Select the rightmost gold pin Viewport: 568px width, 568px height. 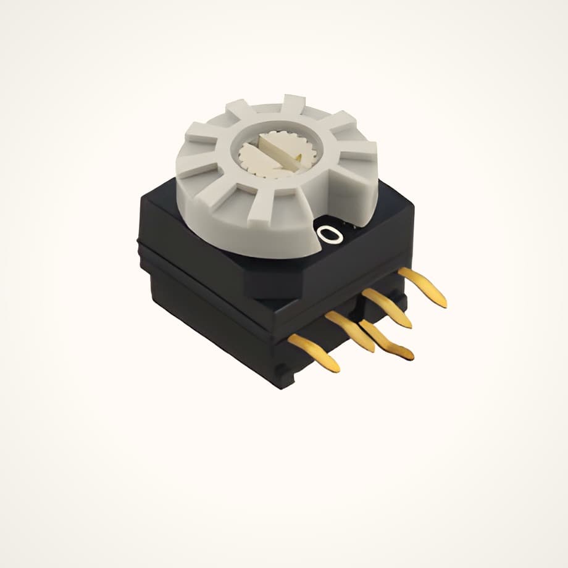click(x=422, y=286)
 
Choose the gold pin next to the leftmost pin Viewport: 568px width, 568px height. click(x=350, y=331)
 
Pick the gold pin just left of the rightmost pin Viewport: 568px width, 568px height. click(x=388, y=307)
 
